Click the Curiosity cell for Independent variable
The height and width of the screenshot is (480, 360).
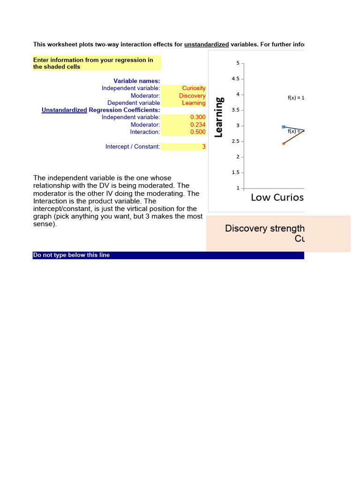coord(194,88)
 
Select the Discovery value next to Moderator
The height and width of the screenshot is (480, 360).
coord(192,96)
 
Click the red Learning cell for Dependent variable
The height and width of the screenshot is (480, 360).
coord(194,103)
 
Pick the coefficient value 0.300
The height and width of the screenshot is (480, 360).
coord(198,117)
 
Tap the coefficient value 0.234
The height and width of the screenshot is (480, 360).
coord(198,125)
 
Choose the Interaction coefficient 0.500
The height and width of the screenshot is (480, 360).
coord(198,132)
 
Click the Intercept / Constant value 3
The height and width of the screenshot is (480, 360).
coord(203,147)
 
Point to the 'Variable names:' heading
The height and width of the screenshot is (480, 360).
coord(137,81)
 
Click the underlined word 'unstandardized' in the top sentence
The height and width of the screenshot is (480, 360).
coord(206,45)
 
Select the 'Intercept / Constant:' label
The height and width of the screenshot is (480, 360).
coord(133,147)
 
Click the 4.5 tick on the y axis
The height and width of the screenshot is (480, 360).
coord(235,79)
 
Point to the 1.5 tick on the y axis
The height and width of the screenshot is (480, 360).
coord(235,172)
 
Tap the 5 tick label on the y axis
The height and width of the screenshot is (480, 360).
coord(238,63)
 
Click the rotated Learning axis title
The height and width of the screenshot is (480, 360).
coord(219,117)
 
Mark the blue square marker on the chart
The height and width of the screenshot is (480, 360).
coord(284,127)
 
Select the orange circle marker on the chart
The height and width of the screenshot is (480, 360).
coord(284,143)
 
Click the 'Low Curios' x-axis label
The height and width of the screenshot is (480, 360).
coord(277,197)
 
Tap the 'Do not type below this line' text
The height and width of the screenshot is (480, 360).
coord(71,255)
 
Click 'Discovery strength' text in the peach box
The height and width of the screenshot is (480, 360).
coord(264,228)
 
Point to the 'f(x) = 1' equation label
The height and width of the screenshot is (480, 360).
coord(296,98)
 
